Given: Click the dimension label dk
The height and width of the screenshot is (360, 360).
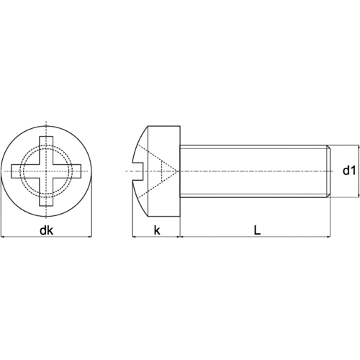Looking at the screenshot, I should pyautogui.click(x=46, y=230).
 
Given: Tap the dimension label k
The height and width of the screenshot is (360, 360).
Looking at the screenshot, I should pyautogui.click(x=156, y=230).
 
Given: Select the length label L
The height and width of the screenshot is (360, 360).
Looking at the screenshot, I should pyautogui.click(x=256, y=230).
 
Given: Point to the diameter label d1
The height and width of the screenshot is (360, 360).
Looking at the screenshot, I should pyautogui.click(x=348, y=171).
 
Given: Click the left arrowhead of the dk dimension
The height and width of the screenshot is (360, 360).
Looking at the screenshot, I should pyautogui.click(x=4, y=236).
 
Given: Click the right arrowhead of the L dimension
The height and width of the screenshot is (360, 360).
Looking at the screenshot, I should pyautogui.click(x=329, y=236).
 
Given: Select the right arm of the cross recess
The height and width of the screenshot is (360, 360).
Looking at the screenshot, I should pyautogui.click(x=76, y=171).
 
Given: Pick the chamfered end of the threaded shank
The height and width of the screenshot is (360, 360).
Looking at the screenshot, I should pyautogui.click(x=329, y=171).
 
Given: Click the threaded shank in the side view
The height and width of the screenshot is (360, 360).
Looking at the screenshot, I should pyautogui.click(x=252, y=171).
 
